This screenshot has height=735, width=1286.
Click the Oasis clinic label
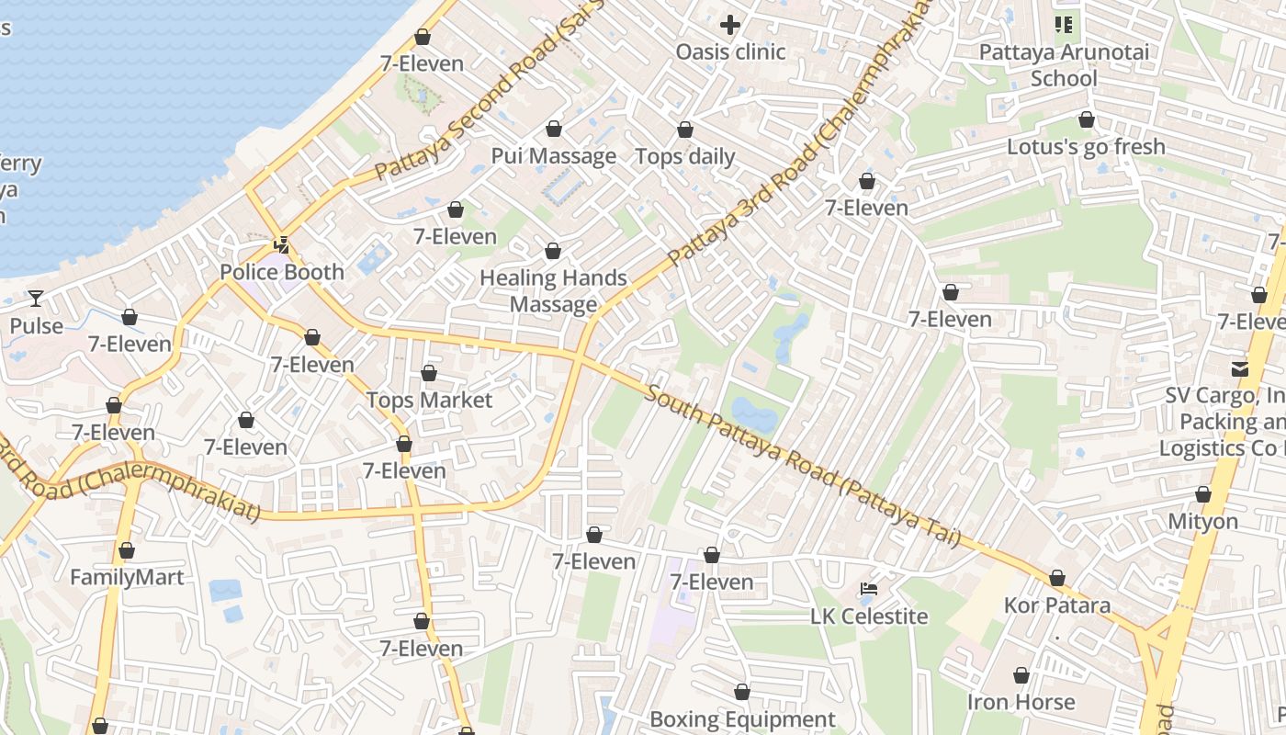point(730,51)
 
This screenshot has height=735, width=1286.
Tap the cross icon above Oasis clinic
point(730,25)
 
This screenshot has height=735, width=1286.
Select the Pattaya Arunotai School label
point(1064,65)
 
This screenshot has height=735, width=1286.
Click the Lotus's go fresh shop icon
point(1087,120)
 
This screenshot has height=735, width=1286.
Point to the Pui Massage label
point(553,156)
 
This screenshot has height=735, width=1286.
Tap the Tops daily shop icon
point(685,130)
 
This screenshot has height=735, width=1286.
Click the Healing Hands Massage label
point(553,291)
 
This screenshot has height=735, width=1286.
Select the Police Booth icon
point(282,245)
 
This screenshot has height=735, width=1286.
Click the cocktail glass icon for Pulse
point(35,299)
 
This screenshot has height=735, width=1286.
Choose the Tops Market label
point(429,401)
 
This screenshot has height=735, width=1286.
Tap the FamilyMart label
point(127,578)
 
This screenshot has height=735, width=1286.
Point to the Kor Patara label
point(1057,605)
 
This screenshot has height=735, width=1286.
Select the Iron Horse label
point(1021,703)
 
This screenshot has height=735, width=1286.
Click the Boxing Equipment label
point(742,719)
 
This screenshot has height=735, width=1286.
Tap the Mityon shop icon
point(1203,495)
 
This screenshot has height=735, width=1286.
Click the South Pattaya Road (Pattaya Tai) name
point(804,467)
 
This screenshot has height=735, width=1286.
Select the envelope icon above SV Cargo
point(1240,369)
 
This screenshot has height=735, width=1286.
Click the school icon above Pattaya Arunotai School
point(1064,25)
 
